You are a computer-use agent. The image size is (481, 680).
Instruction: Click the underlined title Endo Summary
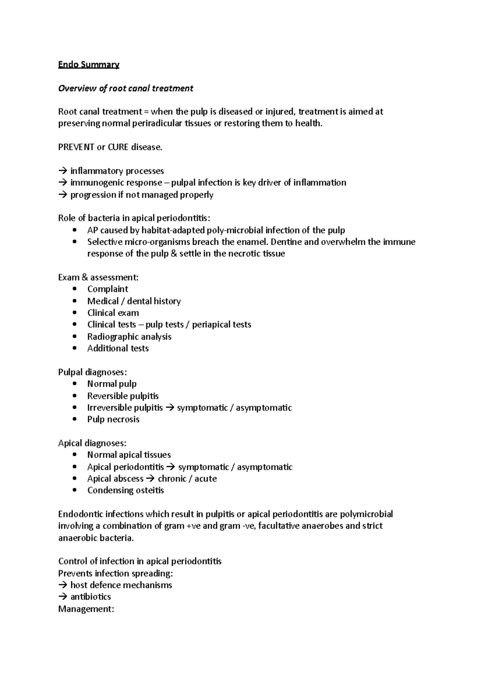[x=89, y=64]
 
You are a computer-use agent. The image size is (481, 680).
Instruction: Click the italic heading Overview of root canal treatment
[x=125, y=88]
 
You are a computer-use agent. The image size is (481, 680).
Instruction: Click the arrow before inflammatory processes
[x=63, y=171]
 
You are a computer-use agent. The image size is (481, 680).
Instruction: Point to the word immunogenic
[x=96, y=183]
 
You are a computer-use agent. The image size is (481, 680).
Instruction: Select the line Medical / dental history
[x=134, y=301]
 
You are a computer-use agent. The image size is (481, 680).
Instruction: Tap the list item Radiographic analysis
[x=129, y=336]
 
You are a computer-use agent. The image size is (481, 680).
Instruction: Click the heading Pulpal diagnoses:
[x=92, y=372]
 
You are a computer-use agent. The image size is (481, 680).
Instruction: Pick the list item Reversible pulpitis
[x=123, y=396]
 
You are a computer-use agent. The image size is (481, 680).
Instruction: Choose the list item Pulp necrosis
[x=113, y=419]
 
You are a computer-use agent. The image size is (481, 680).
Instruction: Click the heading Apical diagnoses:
[x=92, y=443]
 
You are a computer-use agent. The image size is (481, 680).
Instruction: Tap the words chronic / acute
[x=187, y=479]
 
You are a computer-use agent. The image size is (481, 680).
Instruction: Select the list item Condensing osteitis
[x=125, y=490]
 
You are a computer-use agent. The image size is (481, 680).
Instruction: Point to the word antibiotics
[x=91, y=597]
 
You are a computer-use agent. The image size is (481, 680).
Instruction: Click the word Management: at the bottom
[x=86, y=609]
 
